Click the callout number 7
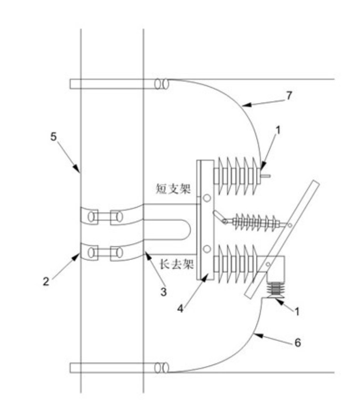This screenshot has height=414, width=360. [289, 96]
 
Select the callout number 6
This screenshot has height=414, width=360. [297, 343]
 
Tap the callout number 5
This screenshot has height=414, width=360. [53, 137]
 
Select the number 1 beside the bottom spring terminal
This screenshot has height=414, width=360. [296, 311]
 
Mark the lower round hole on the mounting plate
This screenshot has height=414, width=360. [206, 248]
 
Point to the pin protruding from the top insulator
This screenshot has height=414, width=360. [266, 177]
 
